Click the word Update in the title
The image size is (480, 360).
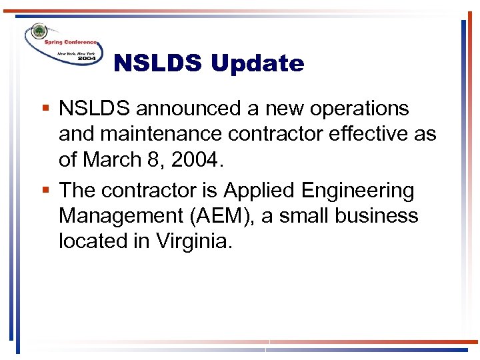(257, 64)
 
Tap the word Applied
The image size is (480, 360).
(259, 191)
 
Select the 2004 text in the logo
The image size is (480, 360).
(87, 58)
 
